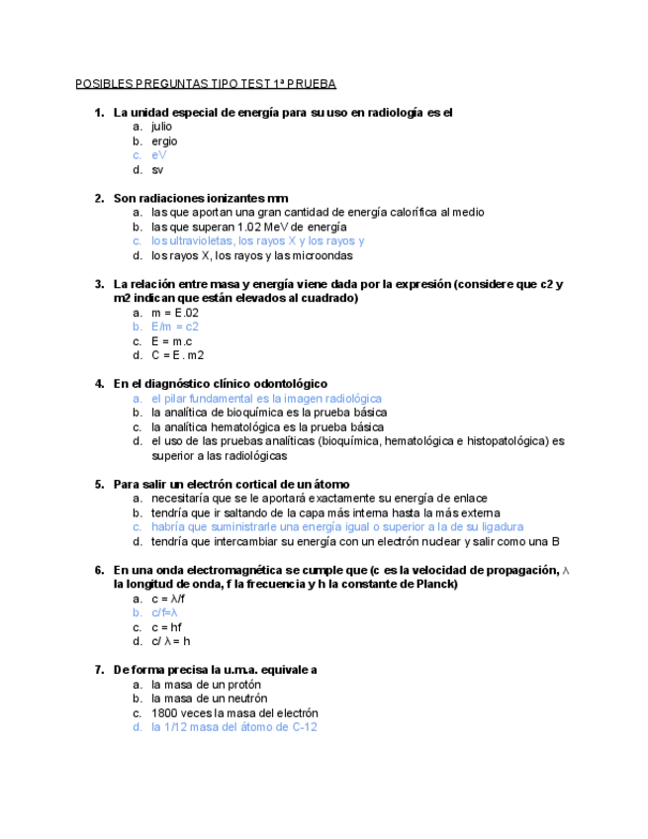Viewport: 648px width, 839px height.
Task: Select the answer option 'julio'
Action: point(161,127)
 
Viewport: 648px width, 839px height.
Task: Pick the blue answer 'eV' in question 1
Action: point(158,155)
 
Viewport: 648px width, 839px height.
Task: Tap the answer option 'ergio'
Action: point(164,141)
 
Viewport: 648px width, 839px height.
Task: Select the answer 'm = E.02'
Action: point(175,313)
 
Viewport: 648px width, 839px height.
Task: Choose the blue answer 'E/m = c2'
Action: point(175,326)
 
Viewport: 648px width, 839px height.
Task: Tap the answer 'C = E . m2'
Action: point(178,355)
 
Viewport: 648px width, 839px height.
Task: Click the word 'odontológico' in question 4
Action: point(287,383)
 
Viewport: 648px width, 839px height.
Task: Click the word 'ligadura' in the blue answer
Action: point(501,527)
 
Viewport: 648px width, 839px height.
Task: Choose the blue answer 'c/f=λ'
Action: point(164,612)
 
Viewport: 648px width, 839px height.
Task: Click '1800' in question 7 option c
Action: point(165,712)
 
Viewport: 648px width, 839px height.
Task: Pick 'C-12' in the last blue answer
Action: point(302,727)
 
